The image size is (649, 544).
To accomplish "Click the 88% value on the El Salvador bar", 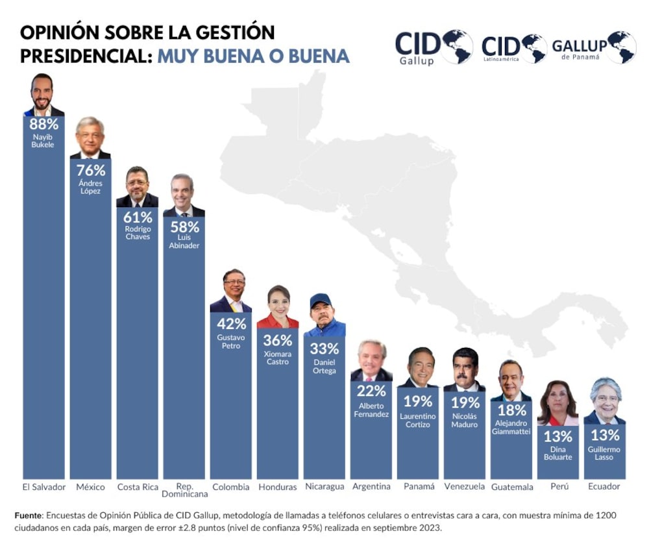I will [x=43, y=124].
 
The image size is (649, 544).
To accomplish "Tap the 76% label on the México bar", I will [x=91, y=170].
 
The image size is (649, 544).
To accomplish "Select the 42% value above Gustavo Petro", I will [x=231, y=324].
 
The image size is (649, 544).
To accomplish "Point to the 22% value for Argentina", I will [x=371, y=391].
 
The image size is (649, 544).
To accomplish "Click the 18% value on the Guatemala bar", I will [x=511, y=410].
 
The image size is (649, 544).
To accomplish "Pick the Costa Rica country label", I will [x=138, y=487].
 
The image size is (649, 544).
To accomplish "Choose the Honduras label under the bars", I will [x=278, y=487].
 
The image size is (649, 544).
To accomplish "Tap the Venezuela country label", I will [x=465, y=487].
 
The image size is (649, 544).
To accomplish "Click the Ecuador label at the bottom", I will [x=604, y=486].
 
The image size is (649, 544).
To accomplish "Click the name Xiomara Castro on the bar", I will [x=278, y=358].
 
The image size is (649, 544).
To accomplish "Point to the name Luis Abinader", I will [x=184, y=241].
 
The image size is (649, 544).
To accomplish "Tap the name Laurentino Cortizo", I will [x=418, y=420].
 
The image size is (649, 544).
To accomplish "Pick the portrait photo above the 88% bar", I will [x=43, y=95].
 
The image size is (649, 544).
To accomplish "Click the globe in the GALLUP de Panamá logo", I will [x=622, y=47].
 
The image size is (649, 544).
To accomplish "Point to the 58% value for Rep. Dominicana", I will [x=184, y=227].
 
